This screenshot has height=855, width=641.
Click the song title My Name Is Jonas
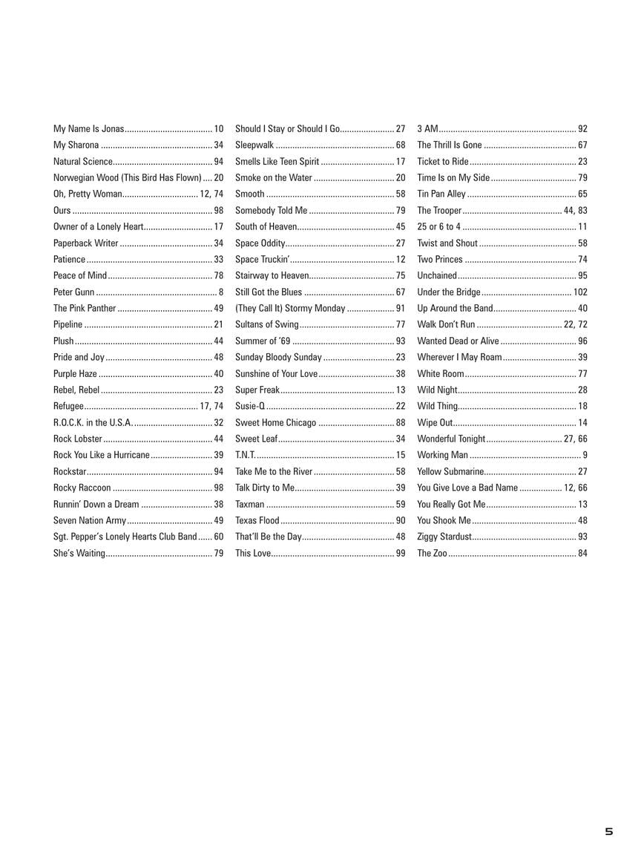point(88,128)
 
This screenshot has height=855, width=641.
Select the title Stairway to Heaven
point(272,275)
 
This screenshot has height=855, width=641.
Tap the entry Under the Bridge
point(449,292)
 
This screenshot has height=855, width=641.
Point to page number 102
point(580,292)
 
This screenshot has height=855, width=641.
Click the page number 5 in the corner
point(609,832)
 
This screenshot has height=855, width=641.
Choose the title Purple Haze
point(75,373)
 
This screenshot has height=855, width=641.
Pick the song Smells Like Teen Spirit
point(277,161)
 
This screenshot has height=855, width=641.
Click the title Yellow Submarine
point(450,471)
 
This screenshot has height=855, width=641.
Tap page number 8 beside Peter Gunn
point(220,292)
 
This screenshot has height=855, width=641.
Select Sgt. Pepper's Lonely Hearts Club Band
point(125,537)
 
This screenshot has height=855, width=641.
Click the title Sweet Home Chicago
point(275,422)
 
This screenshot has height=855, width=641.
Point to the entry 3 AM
point(427,128)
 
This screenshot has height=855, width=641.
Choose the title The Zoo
point(432,553)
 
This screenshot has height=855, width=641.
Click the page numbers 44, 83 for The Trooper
point(576,210)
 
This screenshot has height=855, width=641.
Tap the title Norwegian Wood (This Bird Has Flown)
point(127,177)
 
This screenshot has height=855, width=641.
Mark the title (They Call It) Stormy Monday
point(290,308)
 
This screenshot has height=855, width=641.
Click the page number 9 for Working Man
point(585,455)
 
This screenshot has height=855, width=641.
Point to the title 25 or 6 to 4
point(438,226)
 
